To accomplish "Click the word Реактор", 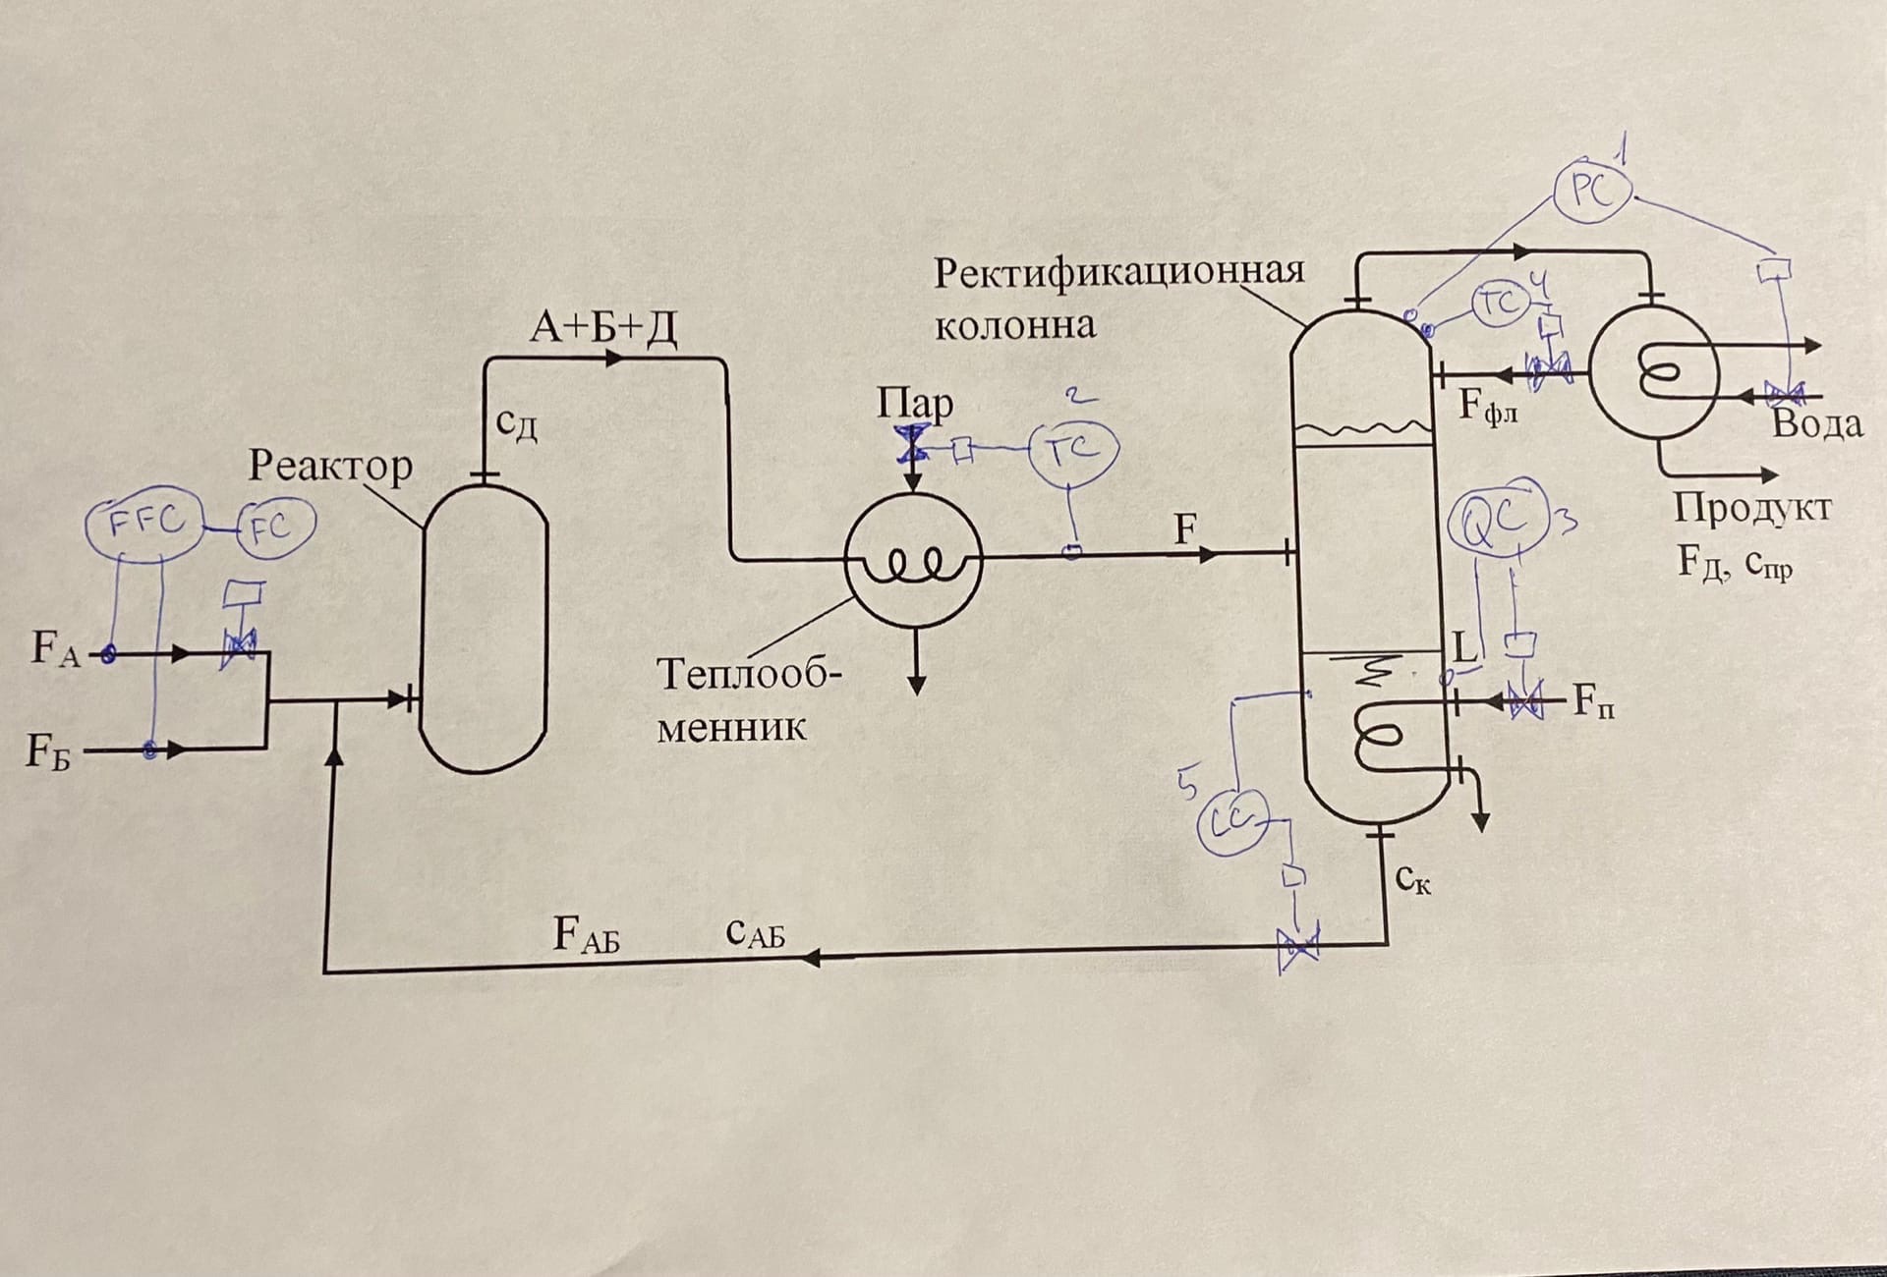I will click(330, 465).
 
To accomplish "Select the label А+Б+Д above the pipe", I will click(603, 326).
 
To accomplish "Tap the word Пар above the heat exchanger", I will click(914, 403).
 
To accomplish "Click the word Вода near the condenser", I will click(1816, 424).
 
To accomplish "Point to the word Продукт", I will click(1752, 508).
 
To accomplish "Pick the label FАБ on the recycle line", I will click(587, 934).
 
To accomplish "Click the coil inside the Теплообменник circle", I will click(914, 564).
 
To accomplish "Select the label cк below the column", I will click(1412, 880).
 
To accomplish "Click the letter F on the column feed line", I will click(1185, 531).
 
